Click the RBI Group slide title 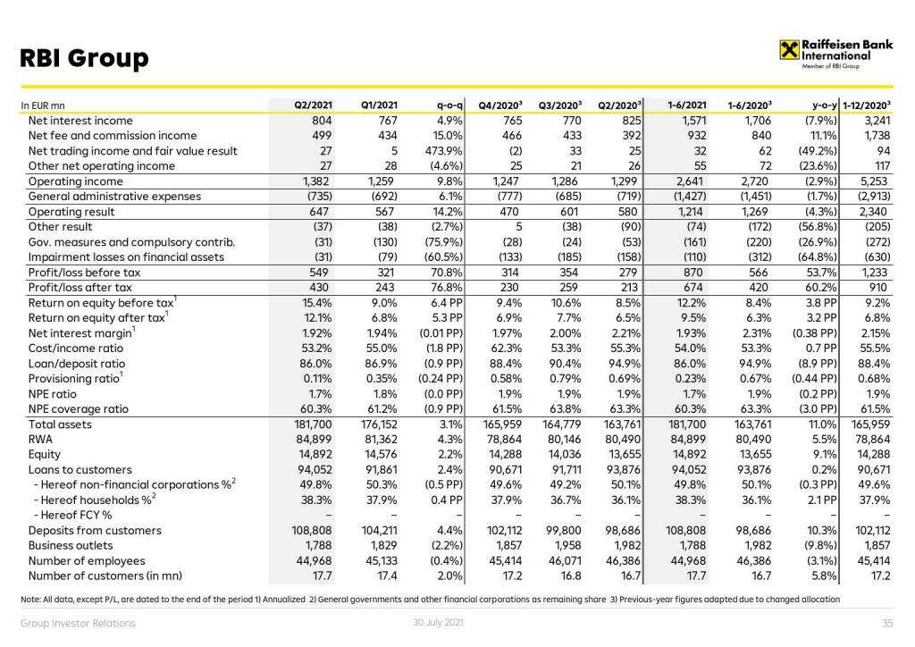pos(84,59)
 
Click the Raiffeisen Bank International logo pos(824,53)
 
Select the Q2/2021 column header pos(313,105)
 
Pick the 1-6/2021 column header pos(687,105)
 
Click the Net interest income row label pos(80,121)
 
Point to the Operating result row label pos(71,212)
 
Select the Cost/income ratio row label pos(76,349)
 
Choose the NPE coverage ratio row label pos(78,409)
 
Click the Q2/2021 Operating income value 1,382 pos(316,181)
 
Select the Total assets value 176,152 pos(379,424)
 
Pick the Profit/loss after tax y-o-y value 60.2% pos(820,288)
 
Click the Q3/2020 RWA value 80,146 pos(562,440)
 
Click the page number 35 pos(887,623)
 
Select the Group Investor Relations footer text pos(79,623)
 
